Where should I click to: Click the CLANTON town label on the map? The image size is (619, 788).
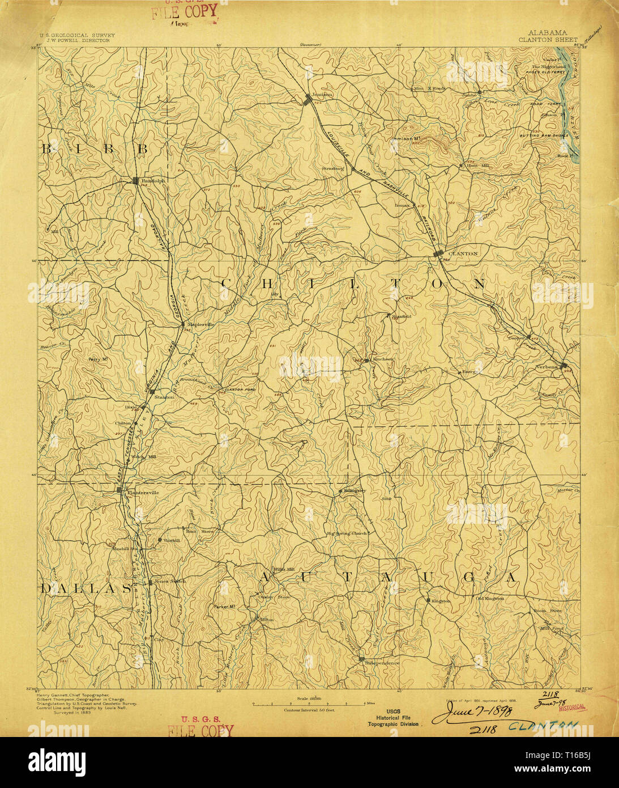(463, 254)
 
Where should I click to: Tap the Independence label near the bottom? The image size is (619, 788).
(382, 663)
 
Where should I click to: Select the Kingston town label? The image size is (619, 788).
(441, 600)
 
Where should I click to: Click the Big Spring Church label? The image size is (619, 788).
(347, 533)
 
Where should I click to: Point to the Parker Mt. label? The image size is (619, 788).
(225, 607)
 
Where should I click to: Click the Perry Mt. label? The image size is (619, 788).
(98, 359)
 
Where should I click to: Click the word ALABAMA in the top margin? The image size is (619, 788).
(548, 33)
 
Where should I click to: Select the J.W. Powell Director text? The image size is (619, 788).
(74, 40)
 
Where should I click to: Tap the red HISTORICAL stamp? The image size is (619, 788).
(571, 707)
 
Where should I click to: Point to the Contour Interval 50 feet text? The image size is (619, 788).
(309, 709)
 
